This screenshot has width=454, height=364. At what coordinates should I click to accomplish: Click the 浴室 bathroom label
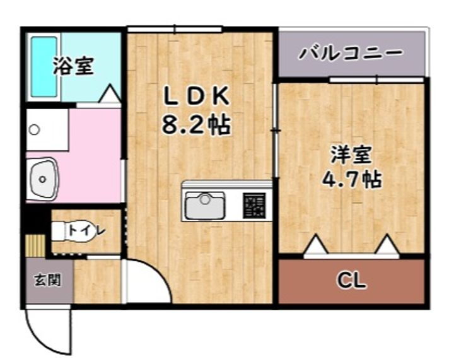74,66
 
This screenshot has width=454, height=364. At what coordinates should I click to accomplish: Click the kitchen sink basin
204,204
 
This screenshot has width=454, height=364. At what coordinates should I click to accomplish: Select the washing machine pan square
47,130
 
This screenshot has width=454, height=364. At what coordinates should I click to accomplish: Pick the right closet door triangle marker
386,245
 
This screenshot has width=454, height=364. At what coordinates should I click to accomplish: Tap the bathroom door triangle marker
110,94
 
